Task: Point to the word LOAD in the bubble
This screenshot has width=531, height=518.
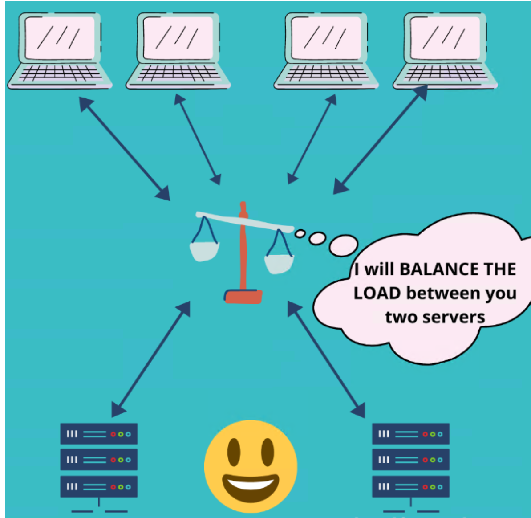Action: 377,294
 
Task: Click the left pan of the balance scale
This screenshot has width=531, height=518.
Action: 204,251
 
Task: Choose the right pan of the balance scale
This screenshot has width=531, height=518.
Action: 279,264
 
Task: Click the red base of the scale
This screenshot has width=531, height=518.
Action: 243,296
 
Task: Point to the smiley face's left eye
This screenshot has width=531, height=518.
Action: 234,451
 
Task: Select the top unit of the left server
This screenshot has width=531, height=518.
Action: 99,434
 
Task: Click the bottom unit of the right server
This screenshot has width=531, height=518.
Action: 410,487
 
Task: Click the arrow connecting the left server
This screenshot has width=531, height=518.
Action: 151,359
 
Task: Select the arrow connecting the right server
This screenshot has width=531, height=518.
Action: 326,359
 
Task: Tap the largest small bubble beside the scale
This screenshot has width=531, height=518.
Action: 344,245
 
